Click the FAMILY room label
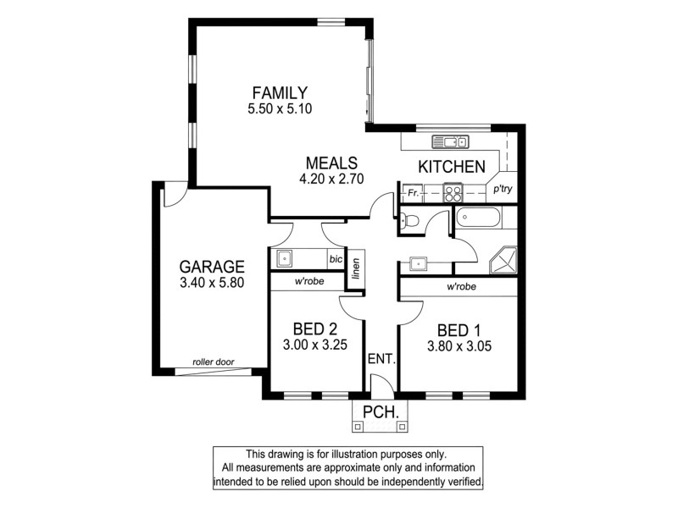(x=280, y=92)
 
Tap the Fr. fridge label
(x=414, y=193)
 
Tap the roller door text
(x=213, y=362)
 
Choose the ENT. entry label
(x=381, y=359)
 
